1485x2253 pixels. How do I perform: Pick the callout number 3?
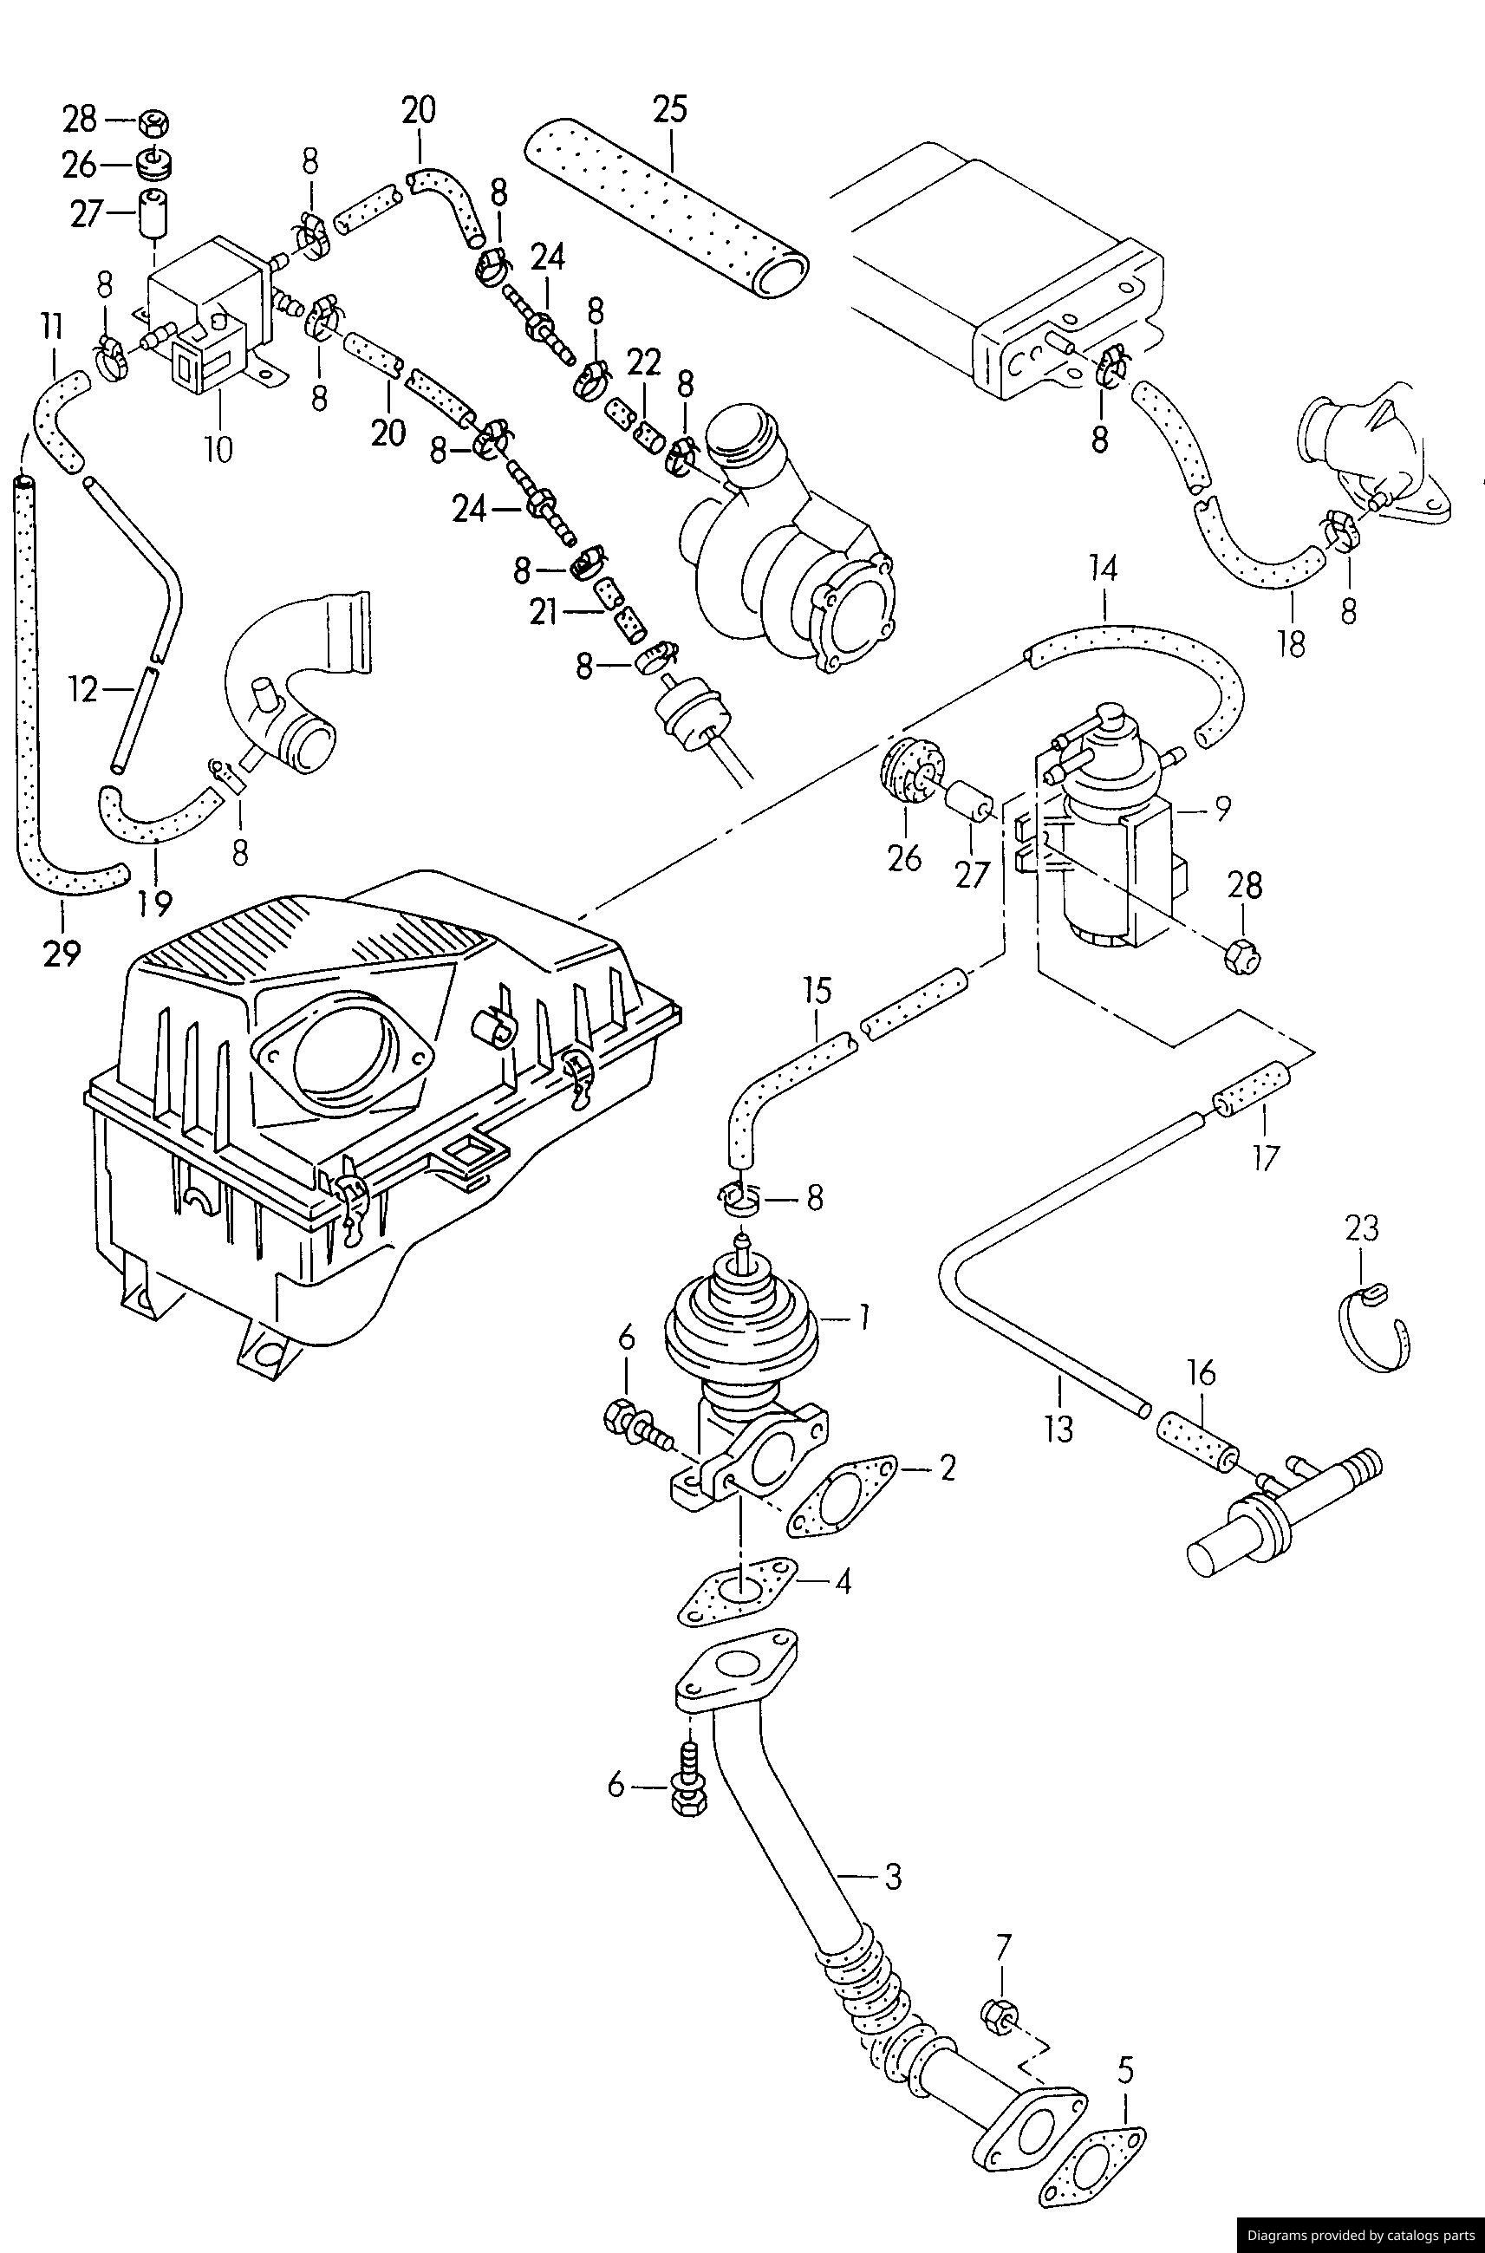pyautogui.click(x=893, y=1876)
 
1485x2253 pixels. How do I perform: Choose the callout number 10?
pyautogui.click(x=217, y=448)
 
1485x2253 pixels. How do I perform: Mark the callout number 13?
pyautogui.click(x=1058, y=1428)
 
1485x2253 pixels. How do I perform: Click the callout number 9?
pyautogui.click(x=1222, y=808)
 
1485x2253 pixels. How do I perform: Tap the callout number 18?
pyautogui.click(x=1291, y=643)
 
